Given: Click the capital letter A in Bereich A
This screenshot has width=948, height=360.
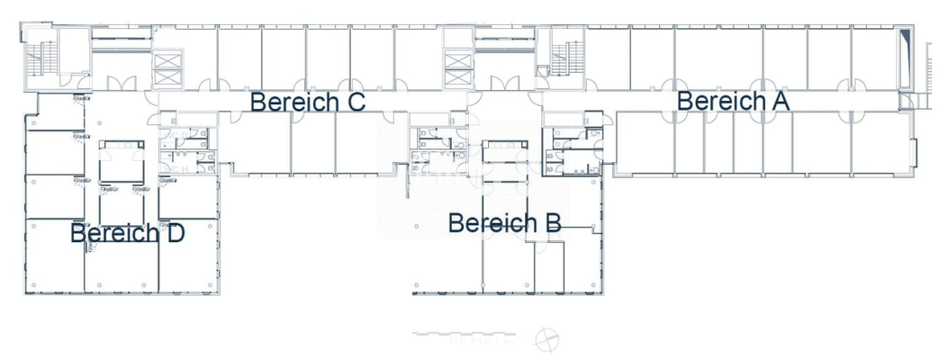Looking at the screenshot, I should pos(780,101).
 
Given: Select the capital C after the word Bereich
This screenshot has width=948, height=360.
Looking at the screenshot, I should pos(354,102).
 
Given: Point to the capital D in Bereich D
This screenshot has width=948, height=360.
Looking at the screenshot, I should pos(175,233).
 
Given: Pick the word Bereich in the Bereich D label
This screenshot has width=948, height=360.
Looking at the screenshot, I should pos(114,233).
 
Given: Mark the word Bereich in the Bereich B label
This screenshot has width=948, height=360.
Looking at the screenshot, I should pos(492,221).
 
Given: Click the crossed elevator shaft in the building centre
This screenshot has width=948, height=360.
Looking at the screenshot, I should pos(458,65).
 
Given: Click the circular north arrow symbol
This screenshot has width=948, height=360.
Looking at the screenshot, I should pos(545,341).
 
